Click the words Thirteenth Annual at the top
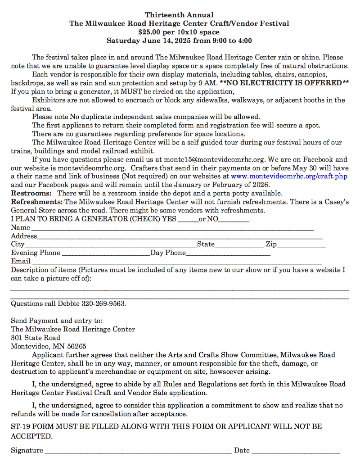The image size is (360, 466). point(179,15)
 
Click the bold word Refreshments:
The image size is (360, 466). point(36,202)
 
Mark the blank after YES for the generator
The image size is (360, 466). point(188,220)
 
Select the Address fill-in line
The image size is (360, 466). point(180,236)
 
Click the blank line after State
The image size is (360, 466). point(239,245)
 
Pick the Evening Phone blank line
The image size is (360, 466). point(106,253)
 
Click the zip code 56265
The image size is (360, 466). point(76,346)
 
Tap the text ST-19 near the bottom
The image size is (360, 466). point(20,426)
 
